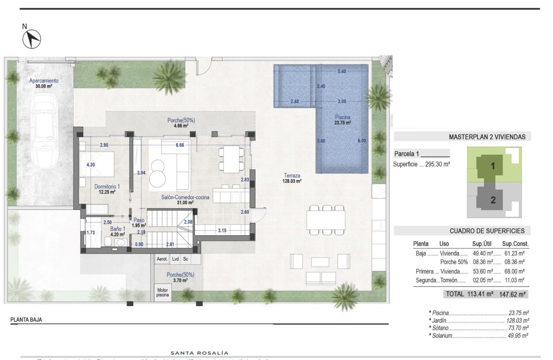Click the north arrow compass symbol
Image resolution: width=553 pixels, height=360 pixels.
[x=31, y=39]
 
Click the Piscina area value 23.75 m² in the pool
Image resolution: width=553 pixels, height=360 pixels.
[x=343, y=122]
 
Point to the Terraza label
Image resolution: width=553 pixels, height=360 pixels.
[x=292, y=175]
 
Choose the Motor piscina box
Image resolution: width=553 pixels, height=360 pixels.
[x=162, y=292]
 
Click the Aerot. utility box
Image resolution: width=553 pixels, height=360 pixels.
[x=162, y=259]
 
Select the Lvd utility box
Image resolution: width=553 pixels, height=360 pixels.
[x=176, y=259]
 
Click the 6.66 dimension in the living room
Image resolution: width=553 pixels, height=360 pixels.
[x=180, y=145]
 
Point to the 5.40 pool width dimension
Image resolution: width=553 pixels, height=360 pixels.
[x=342, y=72]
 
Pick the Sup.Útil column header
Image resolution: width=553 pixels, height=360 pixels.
[x=482, y=243]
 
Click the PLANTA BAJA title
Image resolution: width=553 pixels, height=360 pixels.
[x=26, y=320]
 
